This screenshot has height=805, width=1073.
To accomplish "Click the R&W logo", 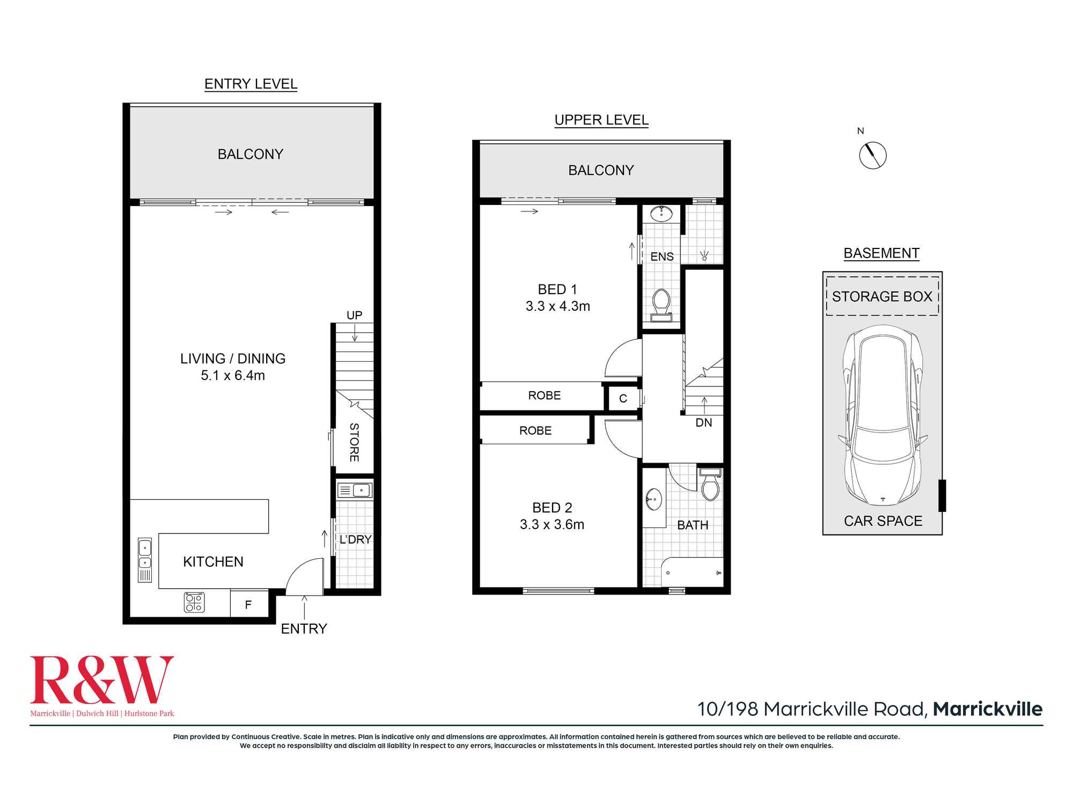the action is (x=102, y=686).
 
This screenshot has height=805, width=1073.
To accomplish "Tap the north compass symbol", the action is (x=872, y=156).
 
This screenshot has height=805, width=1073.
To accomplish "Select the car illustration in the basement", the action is (x=883, y=415).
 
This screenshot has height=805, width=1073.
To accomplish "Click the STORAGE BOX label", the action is (x=882, y=296).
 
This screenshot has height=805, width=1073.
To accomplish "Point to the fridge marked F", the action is (x=248, y=604).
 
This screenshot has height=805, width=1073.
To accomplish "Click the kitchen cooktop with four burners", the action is (x=194, y=602).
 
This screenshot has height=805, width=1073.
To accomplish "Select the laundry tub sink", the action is (x=355, y=490).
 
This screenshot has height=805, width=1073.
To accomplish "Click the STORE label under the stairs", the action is (x=354, y=442).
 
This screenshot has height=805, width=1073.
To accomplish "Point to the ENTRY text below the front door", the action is (x=304, y=628).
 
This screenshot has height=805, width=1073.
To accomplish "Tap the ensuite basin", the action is (x=662, y=214).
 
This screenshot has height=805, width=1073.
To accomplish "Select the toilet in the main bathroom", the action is (x=710, y=484).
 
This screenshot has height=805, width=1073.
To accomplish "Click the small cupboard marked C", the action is (x=623, y=398).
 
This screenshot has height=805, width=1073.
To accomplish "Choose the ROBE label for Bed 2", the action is (x=535, y=430).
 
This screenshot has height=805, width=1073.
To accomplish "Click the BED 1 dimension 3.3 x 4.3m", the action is (x=558, y=306).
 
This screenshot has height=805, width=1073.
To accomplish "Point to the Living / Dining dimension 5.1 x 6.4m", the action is (x=233, y=375).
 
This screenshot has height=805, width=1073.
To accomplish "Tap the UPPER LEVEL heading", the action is (x=601, y=120).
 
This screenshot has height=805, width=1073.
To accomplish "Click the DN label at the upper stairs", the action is (x=704, y=422).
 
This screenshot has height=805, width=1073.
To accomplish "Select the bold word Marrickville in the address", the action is (x=988, y=709).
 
